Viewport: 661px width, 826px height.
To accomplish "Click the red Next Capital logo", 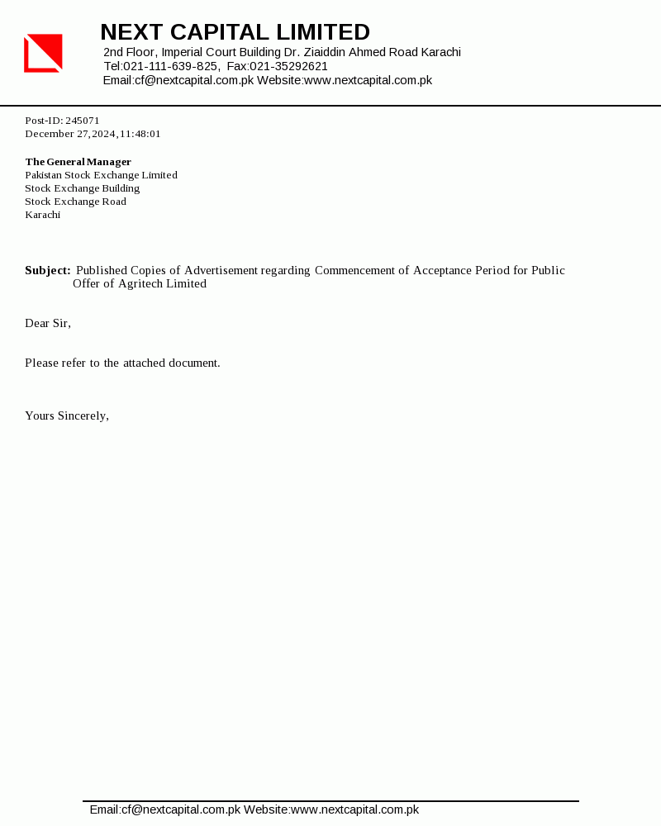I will click(43, 53).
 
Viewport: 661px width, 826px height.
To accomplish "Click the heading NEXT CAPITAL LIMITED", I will click(235, 32).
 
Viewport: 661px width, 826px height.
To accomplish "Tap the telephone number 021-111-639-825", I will click(171, 66).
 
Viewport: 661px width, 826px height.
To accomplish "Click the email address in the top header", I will click(194, 80).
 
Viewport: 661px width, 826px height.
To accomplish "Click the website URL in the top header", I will click(368, 80).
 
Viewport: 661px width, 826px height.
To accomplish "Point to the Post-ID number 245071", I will click(83, 121).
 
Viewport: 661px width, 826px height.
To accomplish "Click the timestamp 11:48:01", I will click(140, 134).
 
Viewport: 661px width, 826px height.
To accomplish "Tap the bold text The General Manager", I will click(78, 162).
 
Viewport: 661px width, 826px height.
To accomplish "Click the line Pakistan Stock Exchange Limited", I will click(101, 175).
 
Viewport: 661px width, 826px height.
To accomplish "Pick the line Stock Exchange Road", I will click(75, 202).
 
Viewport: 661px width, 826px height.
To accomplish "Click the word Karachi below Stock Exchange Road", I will click(42, 215).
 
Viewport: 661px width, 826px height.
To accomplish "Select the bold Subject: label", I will click(47, 270).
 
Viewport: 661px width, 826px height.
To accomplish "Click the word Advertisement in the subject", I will click(221, 270).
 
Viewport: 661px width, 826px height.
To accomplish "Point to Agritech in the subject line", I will click(145, 283).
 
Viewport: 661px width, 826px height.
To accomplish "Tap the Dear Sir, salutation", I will click(48, 323).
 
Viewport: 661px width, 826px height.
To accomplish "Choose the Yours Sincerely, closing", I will click(67, 415).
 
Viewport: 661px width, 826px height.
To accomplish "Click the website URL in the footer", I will click(354, 809).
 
